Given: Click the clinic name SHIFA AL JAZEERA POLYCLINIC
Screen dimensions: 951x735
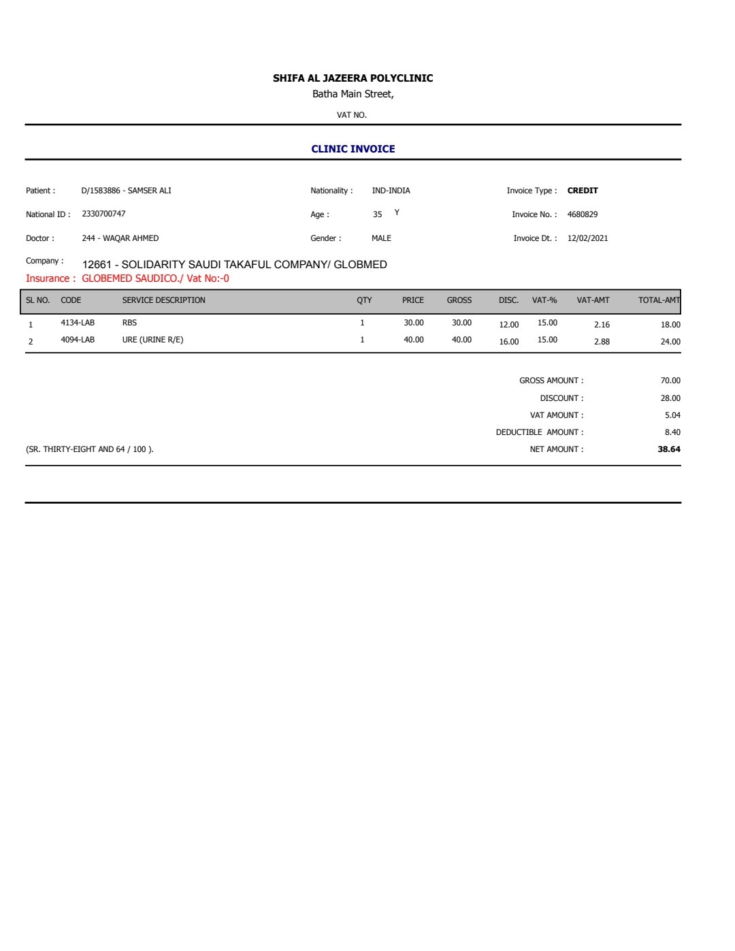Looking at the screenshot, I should pyautogui.click(x=353, y=78).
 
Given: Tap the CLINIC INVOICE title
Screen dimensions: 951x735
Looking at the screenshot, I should pyautogui.click(x=353, y=149).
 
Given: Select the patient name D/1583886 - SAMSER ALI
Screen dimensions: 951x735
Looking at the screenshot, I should pyautogui.click(x=126, y=191).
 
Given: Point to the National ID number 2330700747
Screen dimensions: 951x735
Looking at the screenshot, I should pyautogui.click(x=103, y=214).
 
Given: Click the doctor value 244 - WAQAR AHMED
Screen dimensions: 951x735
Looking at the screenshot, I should pyautogui.click(x=120, y=238).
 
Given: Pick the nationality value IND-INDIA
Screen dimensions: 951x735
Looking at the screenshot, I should pyautogui.click(x=391, y=191).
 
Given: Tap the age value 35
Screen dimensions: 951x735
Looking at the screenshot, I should pyautogui.click(x=377, y=214).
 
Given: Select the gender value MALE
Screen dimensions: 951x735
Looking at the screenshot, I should pyautogui.click(x=381, y=238).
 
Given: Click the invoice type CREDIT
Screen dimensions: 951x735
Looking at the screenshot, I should pyautogui.click(x=583, y=191).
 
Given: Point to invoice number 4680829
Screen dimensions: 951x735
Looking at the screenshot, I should pyautogui.click(x=583, y=214).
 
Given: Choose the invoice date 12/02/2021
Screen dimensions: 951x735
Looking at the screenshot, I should pyautogui.click(x=587, y=238).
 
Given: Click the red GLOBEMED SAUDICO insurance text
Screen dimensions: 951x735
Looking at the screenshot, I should pyautogui.click(x=155, y=278).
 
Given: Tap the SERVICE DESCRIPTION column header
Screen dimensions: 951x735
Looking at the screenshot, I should pyautogui.click(x=163, y=300).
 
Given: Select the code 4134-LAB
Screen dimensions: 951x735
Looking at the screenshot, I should pyautogui.click(x=78, y=323).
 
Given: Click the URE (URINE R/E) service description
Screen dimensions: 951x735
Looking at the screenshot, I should pyautogui.click(x=152, y=340).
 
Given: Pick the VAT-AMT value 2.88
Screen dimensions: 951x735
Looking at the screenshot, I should pyautogui.click(x=602, y=342).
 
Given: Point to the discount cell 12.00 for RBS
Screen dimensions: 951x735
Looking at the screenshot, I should pyautogui.click(x=508, y=325).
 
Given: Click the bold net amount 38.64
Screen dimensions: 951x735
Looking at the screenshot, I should pyautogui.click(x=669, y=449).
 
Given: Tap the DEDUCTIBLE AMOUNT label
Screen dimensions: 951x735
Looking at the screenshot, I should pyautogui.click(x=539, y=432).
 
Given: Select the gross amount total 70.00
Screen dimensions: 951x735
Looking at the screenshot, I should pyautogui.click(x=670, y=381).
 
